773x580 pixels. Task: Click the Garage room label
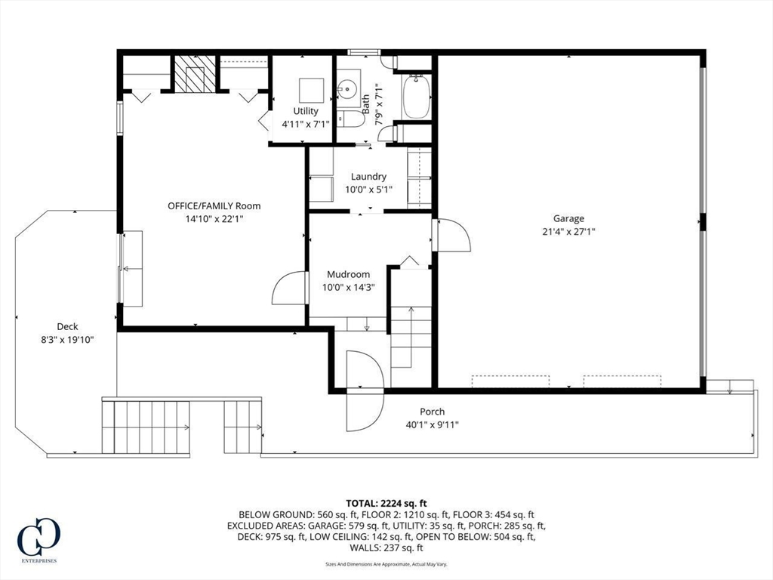pos(568,218)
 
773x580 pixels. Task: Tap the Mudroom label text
pos(349,275)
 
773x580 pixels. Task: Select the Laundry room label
pos(368,177)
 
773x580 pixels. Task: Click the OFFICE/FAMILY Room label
pos(214,205)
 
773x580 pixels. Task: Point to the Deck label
pos(67,326)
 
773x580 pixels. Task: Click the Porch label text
pos(433,412)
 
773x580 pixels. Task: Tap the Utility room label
pos(306,111)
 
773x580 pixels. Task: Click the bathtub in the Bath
pos(417,97)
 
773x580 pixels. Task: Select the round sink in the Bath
pos(348,89)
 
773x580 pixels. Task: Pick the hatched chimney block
pos(196,73)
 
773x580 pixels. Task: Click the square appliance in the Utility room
pos(312,91)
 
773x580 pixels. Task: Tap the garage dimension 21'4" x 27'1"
pos(569,231)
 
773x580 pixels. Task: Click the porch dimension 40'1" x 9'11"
pos(433,424)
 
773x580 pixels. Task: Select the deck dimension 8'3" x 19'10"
pos(67,339)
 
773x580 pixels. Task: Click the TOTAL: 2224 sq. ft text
pos(386,504)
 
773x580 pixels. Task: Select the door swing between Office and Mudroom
pos(289,287)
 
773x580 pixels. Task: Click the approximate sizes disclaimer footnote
pos(386,564)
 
